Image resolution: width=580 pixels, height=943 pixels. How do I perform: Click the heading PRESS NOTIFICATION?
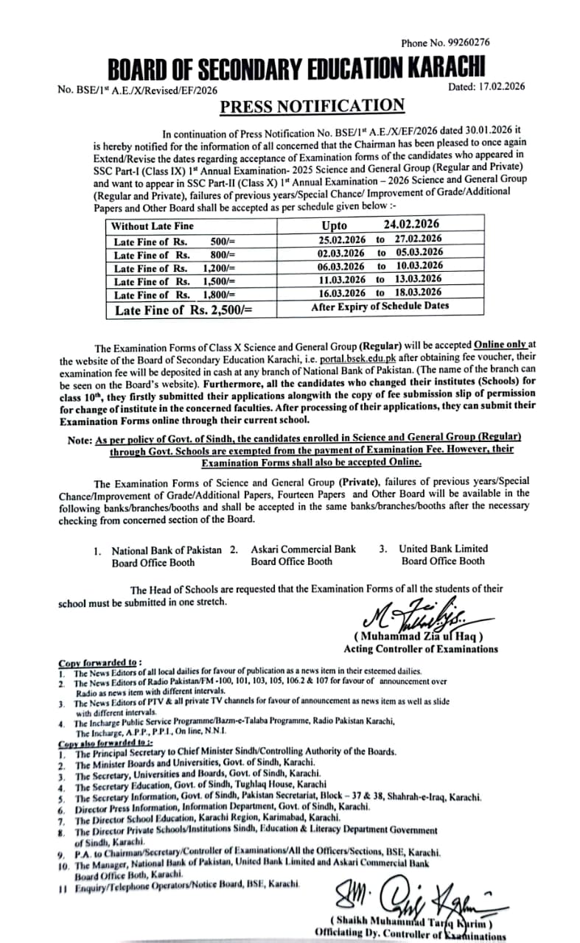click(312, 106)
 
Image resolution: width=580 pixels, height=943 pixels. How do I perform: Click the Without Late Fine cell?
click(153, 226)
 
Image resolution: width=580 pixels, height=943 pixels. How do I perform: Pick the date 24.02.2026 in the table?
click(411, 225)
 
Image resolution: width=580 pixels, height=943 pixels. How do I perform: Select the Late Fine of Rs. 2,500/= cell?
click(184, 309)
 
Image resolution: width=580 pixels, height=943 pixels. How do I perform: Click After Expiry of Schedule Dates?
click(380, 306)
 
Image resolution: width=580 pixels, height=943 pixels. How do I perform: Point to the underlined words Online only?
click(500, 344)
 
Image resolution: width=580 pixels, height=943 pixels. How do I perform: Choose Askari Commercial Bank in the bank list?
click(303, 549)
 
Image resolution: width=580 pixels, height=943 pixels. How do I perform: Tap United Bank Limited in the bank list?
click(443, 548)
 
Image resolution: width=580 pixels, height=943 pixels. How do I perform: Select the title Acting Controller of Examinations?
click(420, 648)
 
